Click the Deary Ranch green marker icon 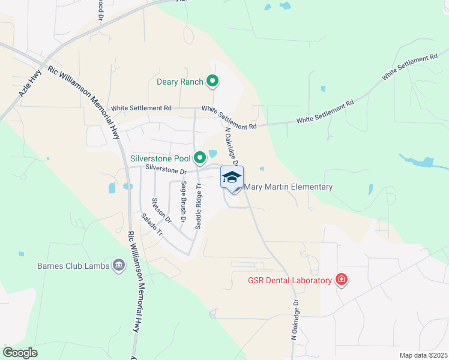point(212,81)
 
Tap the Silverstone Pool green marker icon point(200,159)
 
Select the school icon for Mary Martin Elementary point(232,178)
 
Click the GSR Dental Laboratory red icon point(341,280)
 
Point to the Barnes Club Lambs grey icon point(118,266)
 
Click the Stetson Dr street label point(160,211)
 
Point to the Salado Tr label point(152,224)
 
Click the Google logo point(20,352)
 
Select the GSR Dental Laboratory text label point(290,280)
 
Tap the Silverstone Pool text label point(160,159)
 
